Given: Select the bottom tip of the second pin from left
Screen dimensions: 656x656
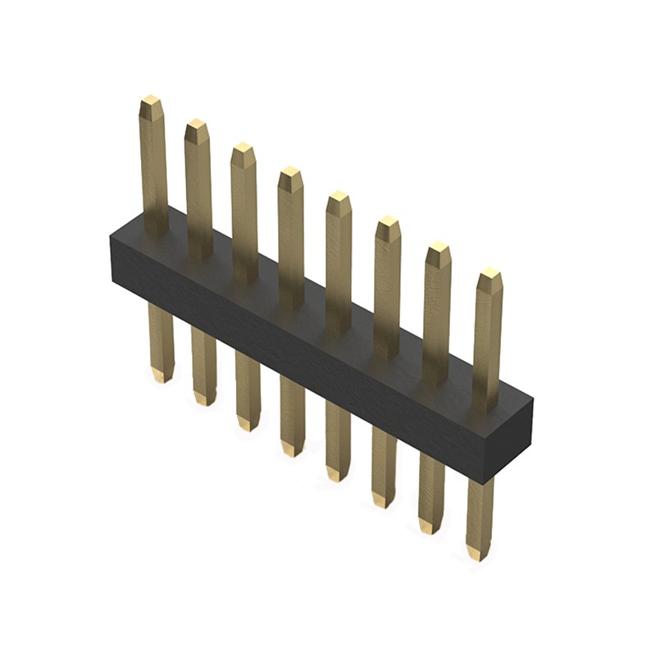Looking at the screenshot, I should [x=204, y=402].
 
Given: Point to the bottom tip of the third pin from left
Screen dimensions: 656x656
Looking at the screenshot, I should [x=248, y=426].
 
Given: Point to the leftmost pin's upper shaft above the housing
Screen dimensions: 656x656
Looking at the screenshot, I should [x=154, y=164].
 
